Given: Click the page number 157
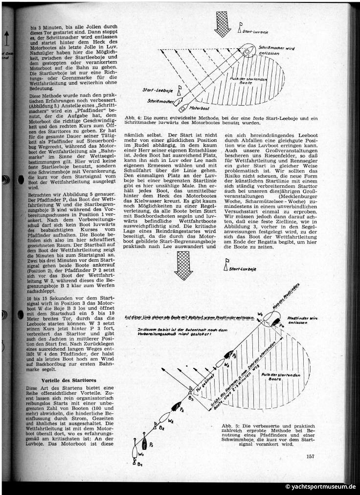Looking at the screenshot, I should click(x=309, y=457).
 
